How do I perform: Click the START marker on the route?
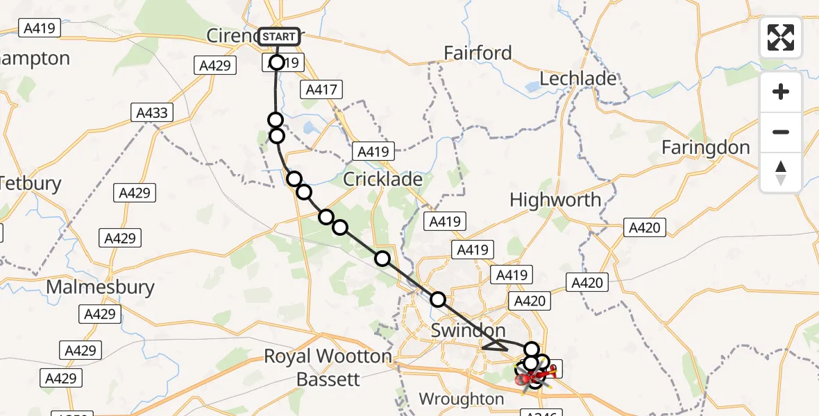point(280,37)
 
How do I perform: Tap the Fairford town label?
point(478,53)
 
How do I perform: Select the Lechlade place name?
point(577,78)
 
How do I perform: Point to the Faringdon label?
point(705,147)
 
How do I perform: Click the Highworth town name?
point(555,200)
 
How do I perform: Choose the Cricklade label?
point(383,179)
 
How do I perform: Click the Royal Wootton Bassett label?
point(328,367)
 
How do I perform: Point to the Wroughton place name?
point(462,399)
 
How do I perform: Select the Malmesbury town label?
point(100,286)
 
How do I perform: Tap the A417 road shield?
point(320,89)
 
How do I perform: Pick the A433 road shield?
point(153,112)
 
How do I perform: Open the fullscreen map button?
point(781,37)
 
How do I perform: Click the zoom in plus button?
point(781,92)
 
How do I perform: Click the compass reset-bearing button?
point(781,172)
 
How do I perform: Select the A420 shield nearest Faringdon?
point(645,227)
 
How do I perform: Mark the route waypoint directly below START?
point(277,63)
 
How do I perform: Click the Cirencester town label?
point(233,35)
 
